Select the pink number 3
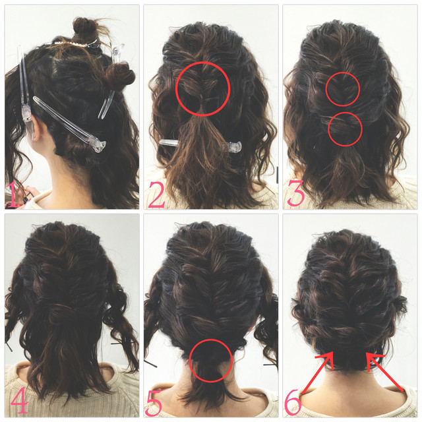[x=296, y=193]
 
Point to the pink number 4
[x=19, y=400]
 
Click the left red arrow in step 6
[x=318, y=373]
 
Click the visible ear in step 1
[x=36, y=129]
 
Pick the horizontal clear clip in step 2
[x=200, y=145]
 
